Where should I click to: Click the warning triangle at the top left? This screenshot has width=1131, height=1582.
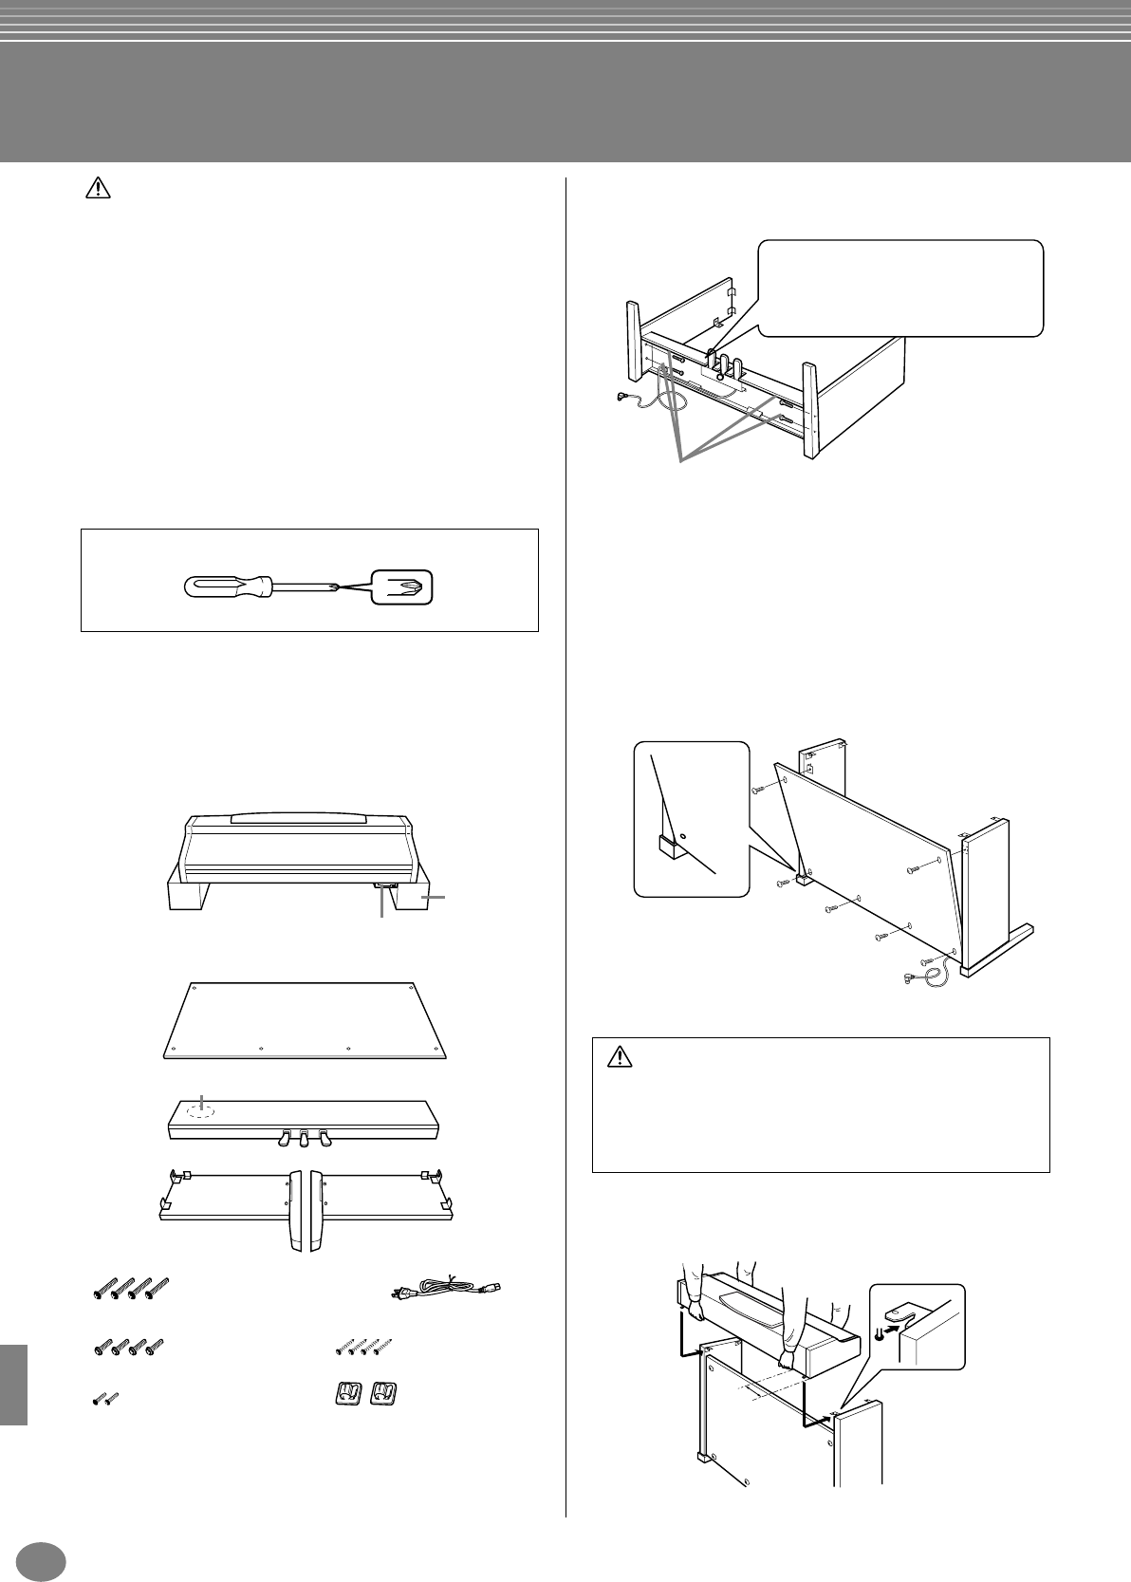[x=98, y=190]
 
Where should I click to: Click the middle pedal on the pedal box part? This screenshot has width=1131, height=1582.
[x=303, y=1135]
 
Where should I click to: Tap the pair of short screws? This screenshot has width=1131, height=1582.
[x=105, y=1398]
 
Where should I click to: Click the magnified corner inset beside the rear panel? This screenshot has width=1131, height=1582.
[x=691, y=817]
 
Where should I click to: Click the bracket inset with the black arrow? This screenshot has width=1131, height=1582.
[x=917, y=1325]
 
